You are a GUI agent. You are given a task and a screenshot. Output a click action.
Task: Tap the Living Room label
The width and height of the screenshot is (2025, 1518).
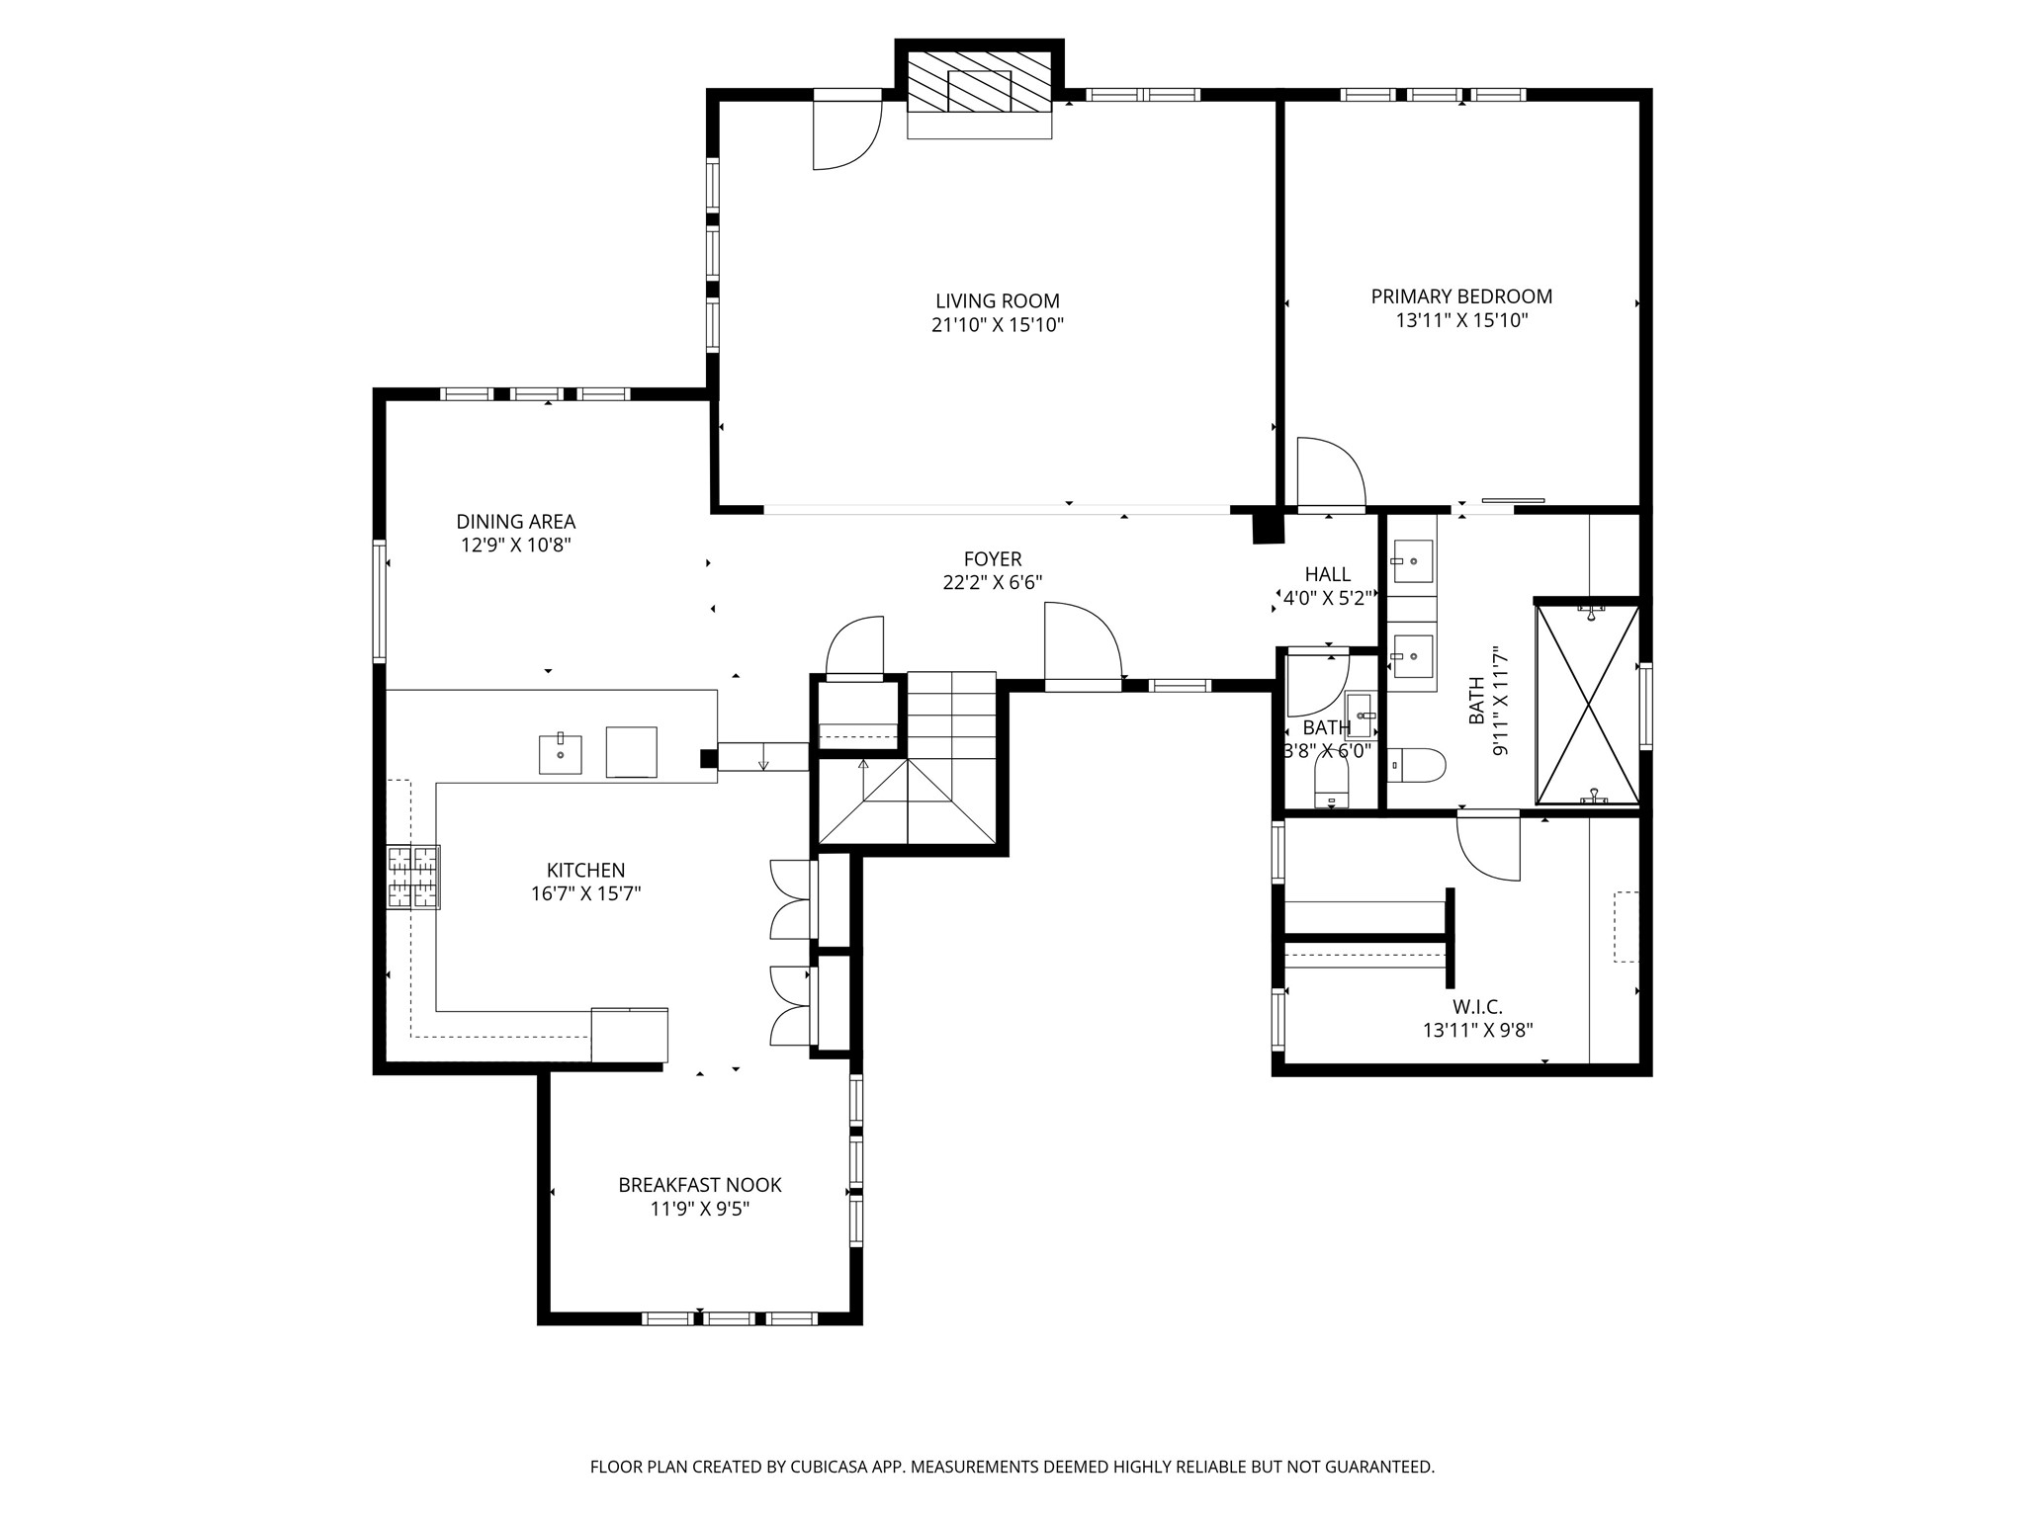[x=997, y=300]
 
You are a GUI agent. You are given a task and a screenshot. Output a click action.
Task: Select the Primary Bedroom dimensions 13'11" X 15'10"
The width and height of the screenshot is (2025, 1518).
[x=1461, y=320]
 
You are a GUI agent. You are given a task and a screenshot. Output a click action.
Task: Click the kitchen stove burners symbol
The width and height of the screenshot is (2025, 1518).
[x=413, y=877]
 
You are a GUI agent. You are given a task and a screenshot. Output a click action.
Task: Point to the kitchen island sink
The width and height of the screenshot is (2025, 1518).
[x=560, y=754]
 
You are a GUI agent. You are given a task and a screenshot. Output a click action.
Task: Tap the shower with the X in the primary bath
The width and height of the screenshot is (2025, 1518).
[x=1586, y=705]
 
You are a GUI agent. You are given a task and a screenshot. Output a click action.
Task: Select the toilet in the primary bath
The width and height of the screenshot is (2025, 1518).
[x=1417, y=765]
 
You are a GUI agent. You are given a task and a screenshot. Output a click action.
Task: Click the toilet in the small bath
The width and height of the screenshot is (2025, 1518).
[x=1331, y=788]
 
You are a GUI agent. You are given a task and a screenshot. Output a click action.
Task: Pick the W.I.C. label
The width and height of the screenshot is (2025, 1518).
[x=1477, y=1007]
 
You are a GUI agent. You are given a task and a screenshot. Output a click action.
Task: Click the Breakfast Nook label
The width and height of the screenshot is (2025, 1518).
[x=699, y=1184]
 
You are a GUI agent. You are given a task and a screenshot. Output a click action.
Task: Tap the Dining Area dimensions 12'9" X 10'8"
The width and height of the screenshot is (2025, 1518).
[x=515, y=545]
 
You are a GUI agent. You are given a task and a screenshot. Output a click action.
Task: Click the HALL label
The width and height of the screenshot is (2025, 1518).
[x=1327, y=574]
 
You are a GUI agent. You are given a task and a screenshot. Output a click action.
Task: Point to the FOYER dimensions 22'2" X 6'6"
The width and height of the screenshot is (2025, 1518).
[x=992, y=583]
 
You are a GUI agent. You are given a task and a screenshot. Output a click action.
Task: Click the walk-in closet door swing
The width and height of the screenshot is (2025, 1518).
[x=1489, y=846]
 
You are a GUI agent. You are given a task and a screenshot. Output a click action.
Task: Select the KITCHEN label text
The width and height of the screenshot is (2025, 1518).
[x=585, y=870]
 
